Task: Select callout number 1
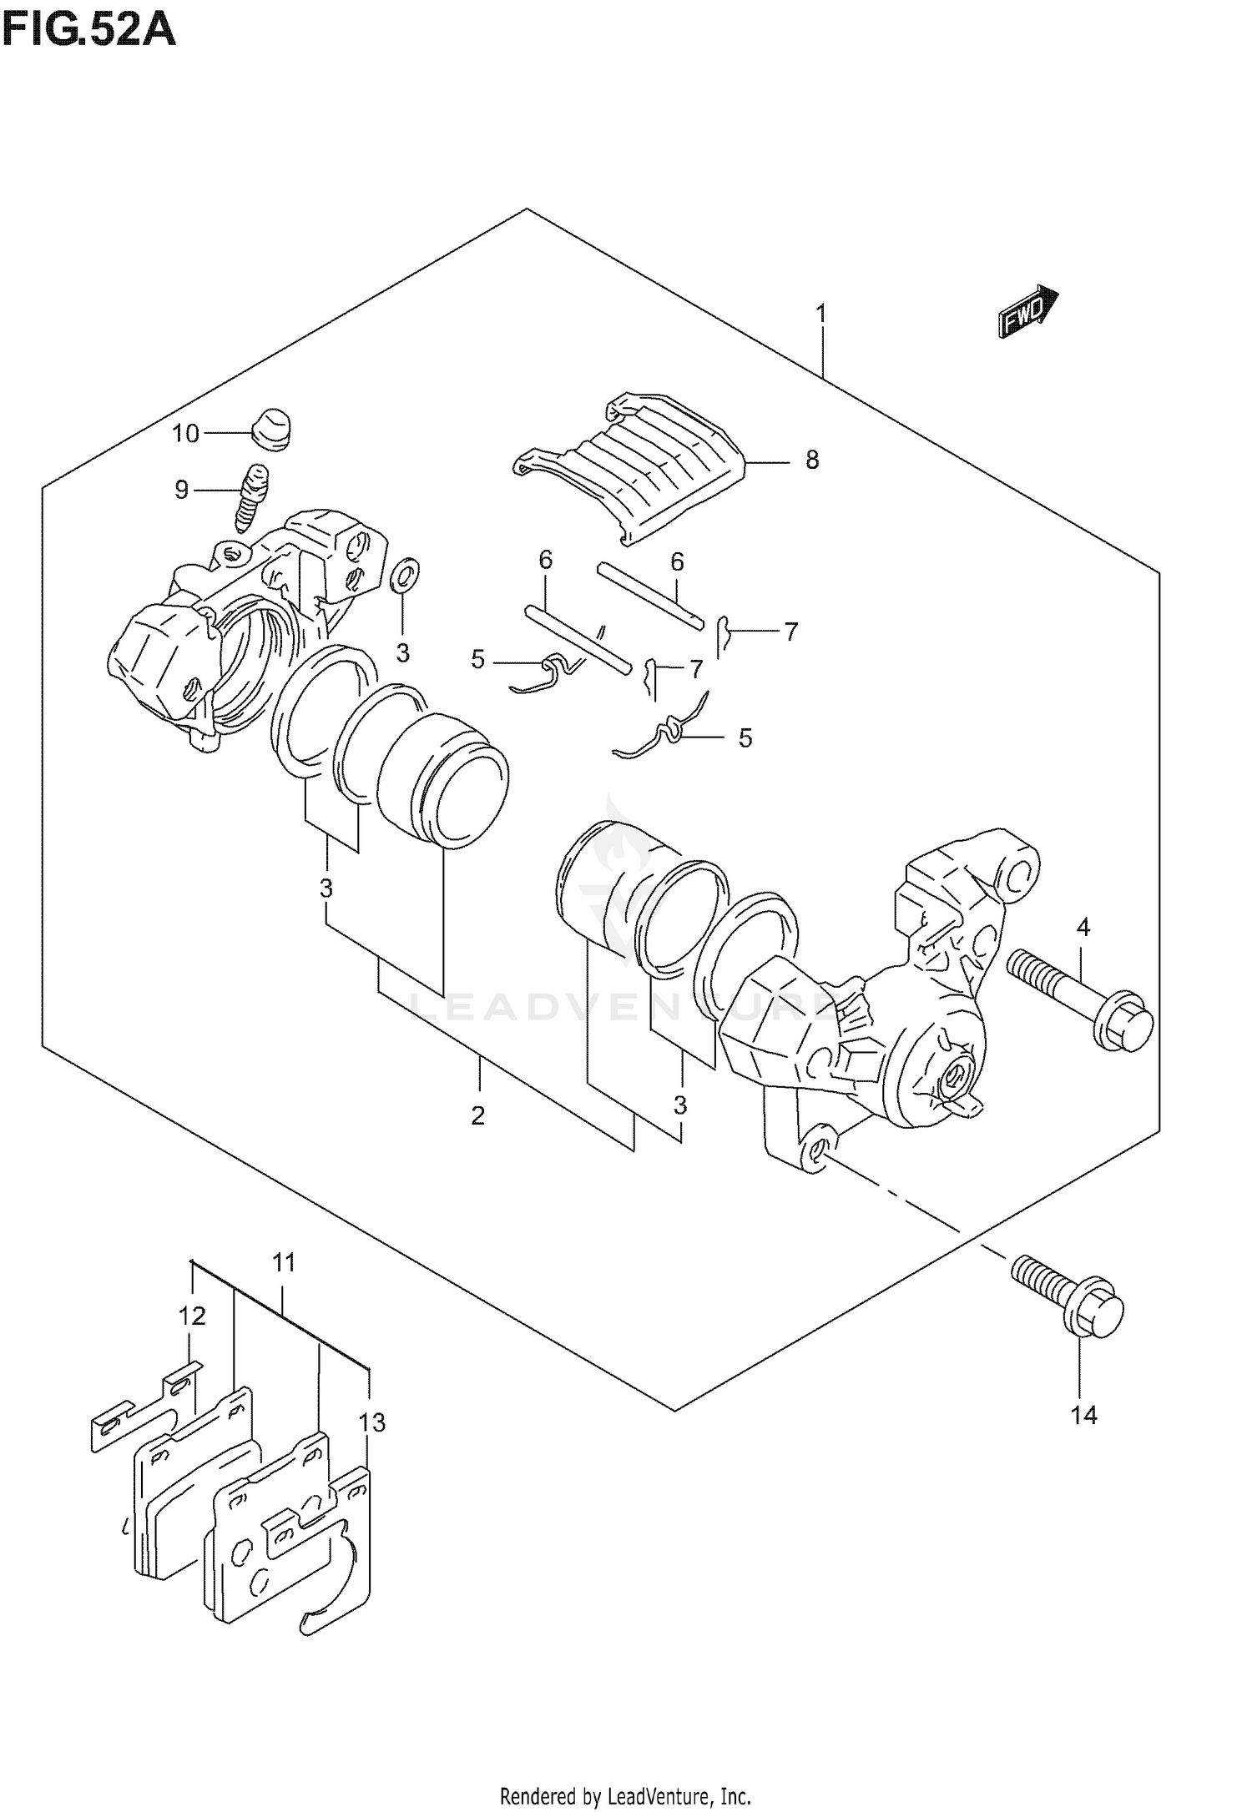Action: (821, 315)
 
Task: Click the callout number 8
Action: (812, 460)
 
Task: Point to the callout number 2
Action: (477, 1115)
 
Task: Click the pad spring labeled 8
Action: (634, 467)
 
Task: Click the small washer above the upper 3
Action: (405, 576)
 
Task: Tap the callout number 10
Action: (185, 433)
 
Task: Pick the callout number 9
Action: (182, 490)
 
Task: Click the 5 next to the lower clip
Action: (745, 737)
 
